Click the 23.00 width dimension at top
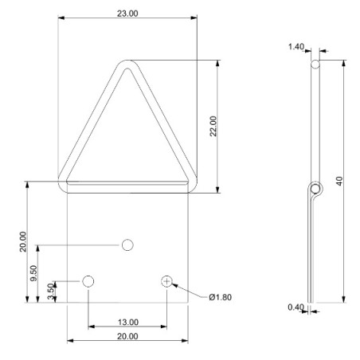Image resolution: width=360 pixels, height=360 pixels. (127, 14)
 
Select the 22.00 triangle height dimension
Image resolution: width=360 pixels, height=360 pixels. (213, 127)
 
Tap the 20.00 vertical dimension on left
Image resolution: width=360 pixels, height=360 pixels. (23, 241)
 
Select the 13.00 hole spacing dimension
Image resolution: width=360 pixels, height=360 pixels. (127, 322)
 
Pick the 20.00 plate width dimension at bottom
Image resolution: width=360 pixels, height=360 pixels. (127, 336)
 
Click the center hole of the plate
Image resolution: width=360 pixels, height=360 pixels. (127, 245)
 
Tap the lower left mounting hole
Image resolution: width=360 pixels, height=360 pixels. (88, 280)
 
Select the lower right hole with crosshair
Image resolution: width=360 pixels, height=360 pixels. (166, 280)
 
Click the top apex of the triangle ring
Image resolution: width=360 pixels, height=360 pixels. (127, 65)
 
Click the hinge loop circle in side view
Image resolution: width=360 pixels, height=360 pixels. (317, 189)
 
